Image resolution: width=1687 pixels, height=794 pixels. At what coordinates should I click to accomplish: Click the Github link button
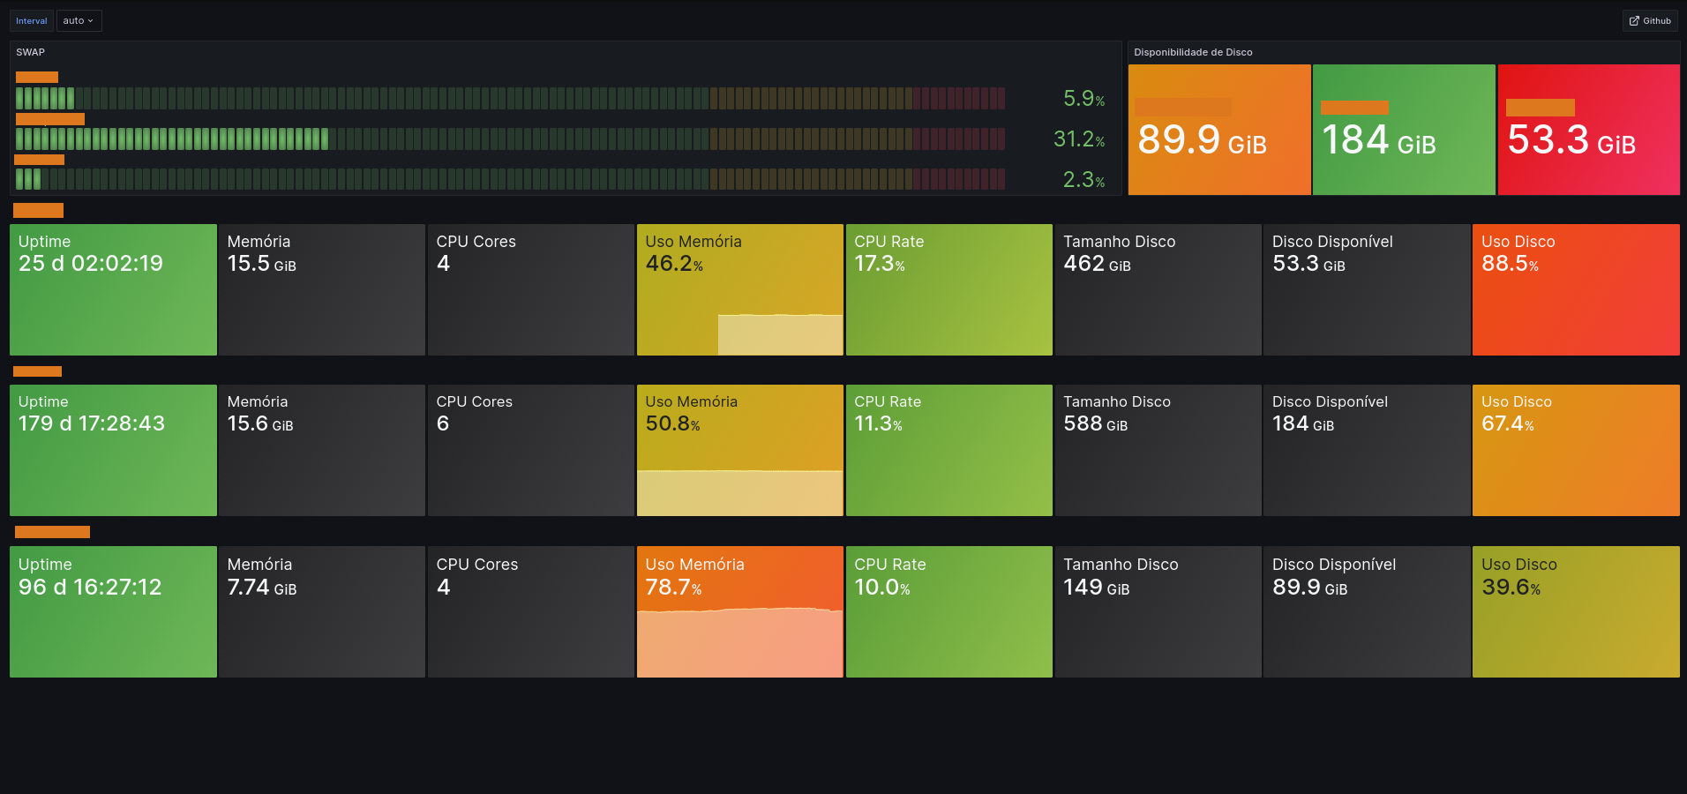coord(1650,21)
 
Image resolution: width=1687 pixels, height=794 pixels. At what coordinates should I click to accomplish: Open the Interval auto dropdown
coord(79,21)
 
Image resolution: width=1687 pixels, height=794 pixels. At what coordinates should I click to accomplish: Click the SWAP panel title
coord(31,52)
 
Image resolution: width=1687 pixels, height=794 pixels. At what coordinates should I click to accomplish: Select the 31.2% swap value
coord(1078,139)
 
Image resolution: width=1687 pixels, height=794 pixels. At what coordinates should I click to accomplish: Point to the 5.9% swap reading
coord(1083,99)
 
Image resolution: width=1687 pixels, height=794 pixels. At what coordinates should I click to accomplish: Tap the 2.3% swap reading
coord(1083,180)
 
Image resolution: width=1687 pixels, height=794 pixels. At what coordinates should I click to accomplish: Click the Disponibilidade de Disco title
coord(1193,52)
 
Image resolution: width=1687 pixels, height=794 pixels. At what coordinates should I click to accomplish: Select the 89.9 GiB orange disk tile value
coord(1202,140)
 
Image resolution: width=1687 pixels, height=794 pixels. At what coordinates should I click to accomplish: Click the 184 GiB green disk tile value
coord(1378,140)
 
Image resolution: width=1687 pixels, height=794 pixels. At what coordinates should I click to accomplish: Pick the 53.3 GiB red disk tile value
coord(1571,140)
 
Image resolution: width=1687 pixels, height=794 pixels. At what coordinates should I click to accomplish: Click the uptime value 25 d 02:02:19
coord(91,264)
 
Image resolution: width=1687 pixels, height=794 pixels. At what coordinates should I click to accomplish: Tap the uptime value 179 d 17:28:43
coord(92,423)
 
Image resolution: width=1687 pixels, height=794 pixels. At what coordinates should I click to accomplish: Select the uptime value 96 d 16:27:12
coord(90,588)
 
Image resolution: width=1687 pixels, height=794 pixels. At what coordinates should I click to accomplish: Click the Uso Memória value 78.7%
coord(673,588)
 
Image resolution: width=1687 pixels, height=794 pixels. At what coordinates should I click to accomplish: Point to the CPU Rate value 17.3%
coord(879,264)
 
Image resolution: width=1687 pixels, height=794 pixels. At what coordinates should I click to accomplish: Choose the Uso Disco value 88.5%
coord(1510,264)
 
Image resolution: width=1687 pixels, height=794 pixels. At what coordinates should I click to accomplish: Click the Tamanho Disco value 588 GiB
coord(1095,423)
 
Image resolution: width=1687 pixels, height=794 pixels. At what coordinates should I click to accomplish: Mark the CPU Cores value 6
coord(443,423)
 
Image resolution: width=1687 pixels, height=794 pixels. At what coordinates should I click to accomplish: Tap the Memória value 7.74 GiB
coord(261,588)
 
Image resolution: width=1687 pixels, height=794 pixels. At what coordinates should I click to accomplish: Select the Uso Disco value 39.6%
coord(1511,588)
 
